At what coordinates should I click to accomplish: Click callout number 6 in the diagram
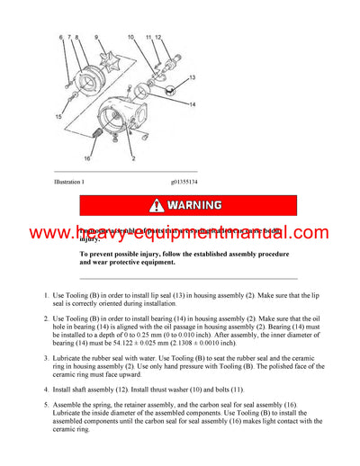coord(61,38)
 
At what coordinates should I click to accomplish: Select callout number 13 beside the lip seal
coord(192,78)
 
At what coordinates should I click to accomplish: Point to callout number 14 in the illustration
coord(192,105)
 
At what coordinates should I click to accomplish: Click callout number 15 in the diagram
coord(59,118)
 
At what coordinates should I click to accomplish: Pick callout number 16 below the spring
coord(87,157)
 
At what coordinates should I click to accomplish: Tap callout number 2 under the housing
coord(133,157)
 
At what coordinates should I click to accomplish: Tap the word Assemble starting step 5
coord(68,405)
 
